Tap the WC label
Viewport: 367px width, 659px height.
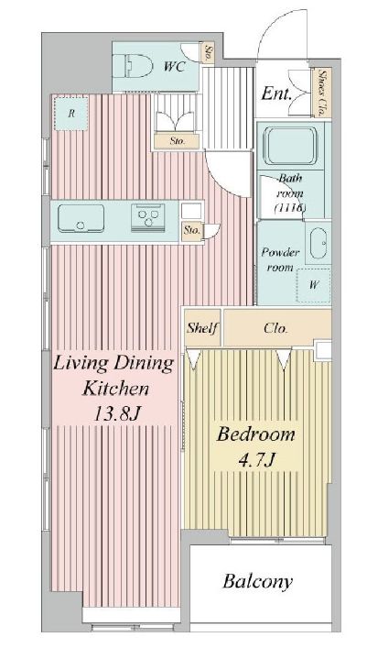(176, 66)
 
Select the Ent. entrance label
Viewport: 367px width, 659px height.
(275, 94)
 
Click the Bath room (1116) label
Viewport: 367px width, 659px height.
(289, 194)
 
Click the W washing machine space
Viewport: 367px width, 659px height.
(314, 285)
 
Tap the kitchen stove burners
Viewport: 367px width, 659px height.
(146, 217)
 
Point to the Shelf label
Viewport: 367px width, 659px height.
(201, 327)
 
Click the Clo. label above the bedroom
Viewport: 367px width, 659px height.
(276, 327)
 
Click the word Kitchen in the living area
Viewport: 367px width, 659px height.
(113, 387)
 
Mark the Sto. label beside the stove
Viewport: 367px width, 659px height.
(191, 231)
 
